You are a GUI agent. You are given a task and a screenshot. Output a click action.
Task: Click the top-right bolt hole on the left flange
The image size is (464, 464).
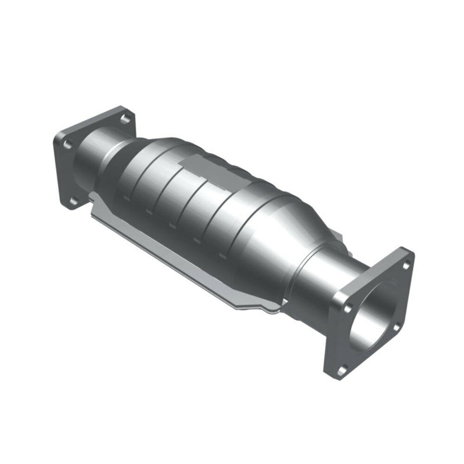tap(124, 118)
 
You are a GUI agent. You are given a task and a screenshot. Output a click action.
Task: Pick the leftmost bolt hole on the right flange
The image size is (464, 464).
tap(348, 307)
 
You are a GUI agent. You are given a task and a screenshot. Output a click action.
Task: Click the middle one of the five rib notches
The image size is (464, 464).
tap(172, 226)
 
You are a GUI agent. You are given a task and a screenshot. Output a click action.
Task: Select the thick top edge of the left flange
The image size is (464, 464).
tap(93, 122)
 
